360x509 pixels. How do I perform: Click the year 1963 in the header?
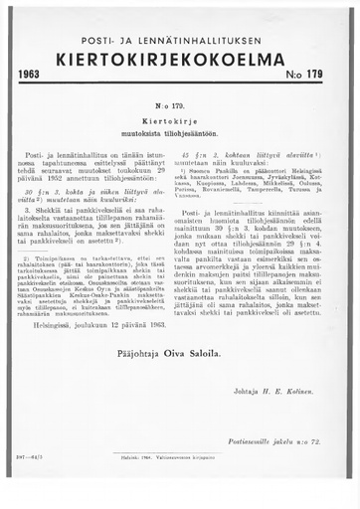[x=31, y=74]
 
